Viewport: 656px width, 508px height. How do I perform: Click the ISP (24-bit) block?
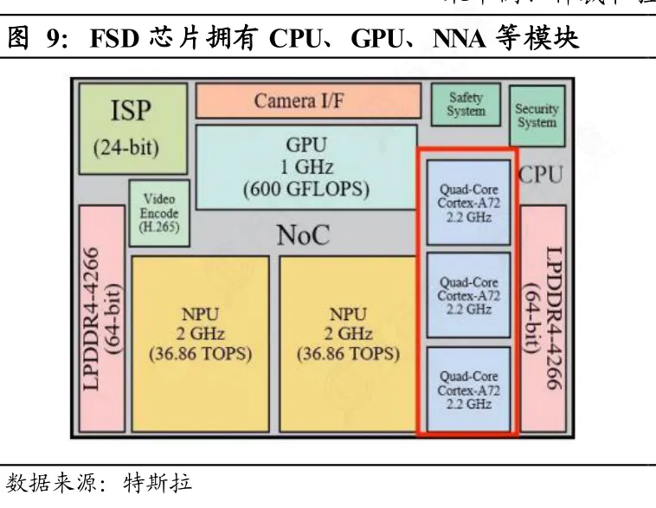(132, 128)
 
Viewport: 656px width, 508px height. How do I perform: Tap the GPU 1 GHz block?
(305, 166)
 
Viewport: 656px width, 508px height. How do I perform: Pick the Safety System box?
(466, 105)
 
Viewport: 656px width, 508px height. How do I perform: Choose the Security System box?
(537, 115)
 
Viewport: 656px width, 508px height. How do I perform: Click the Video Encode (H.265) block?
(158, 212)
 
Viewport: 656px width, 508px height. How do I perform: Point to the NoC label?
(303, 235)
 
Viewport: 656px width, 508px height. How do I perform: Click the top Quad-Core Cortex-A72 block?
(468, 202)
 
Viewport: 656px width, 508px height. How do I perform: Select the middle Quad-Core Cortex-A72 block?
(468, 295)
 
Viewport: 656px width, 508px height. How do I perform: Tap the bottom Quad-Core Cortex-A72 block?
(468, 389)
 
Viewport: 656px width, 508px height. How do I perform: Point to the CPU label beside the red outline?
(542, 175)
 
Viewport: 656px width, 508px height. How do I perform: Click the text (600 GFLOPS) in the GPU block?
(306, 189)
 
